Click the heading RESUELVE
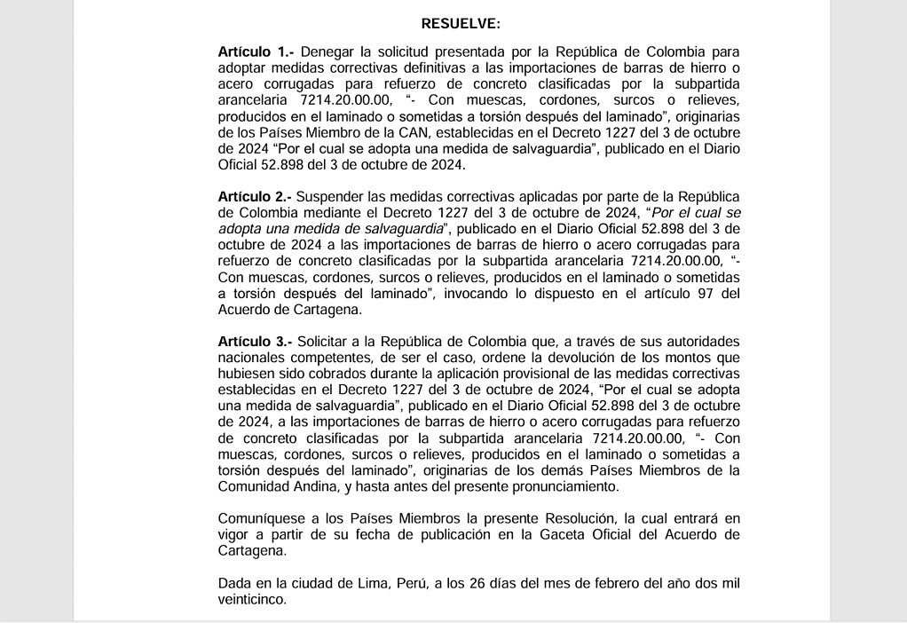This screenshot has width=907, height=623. click(x=461, y=22)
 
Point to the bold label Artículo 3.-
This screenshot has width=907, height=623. click(x=256, y=341)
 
